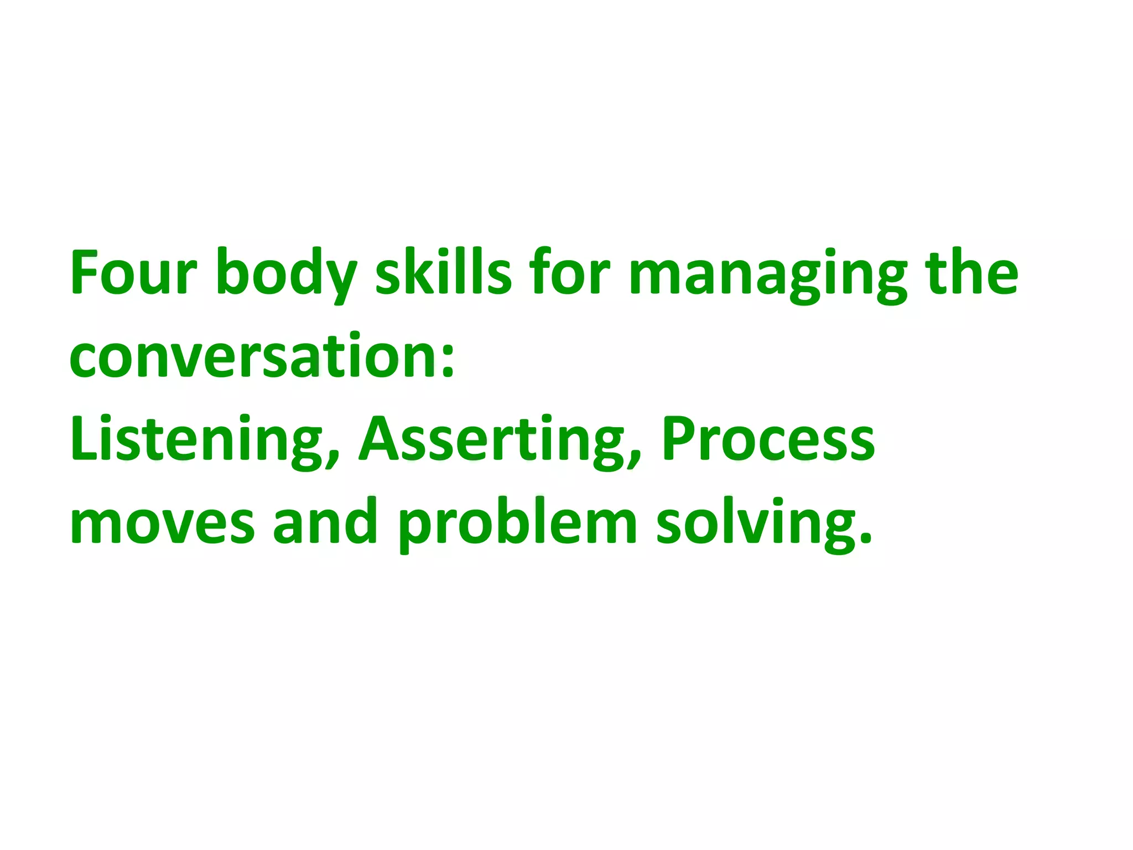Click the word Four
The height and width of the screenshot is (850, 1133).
(133, 273)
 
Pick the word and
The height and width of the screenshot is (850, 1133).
(325, 521)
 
